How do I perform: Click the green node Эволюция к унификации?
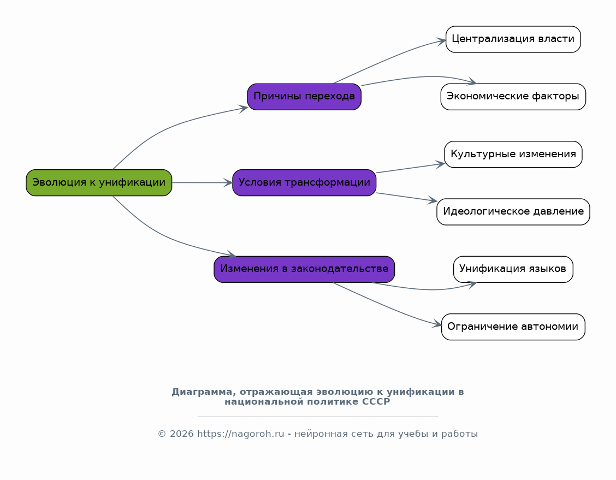click(99, 182)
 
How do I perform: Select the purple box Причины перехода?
click(304, 97)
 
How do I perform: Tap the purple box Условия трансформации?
click(304, 182)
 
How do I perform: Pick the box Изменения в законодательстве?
click(304, 269)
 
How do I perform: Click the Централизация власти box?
click(513, 39)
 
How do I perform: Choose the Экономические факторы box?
click(513, 97)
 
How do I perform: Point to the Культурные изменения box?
click(513, 155)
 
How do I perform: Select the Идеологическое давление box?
click(513, 212)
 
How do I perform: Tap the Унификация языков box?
click(513, 269)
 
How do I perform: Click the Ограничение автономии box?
click(513, 327)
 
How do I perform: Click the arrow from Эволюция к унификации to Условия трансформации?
click(202, 182)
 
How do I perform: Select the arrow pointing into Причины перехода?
click(169, 126)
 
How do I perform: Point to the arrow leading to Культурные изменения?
click(410, 168)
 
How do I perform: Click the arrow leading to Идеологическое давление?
click(407, 197)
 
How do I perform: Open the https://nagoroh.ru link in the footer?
click(240, 434)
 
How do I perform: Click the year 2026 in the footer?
click(181, 434)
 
